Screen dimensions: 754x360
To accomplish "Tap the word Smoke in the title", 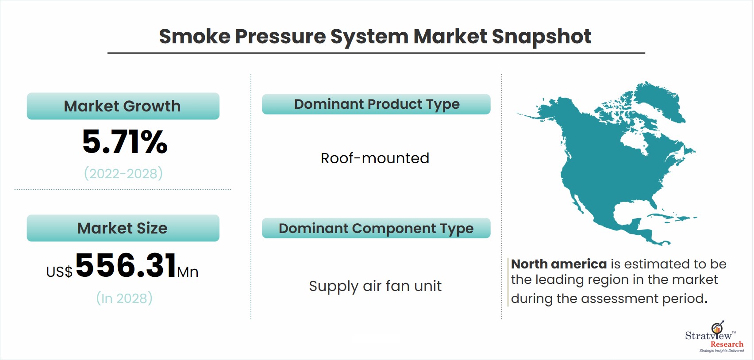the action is coord(195,36).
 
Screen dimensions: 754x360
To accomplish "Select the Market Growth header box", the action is coord(123,106).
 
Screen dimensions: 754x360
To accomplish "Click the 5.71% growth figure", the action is coord(124,142).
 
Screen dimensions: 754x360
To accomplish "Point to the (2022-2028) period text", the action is coord(123,174).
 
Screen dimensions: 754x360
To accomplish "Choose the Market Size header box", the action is coord(123,228).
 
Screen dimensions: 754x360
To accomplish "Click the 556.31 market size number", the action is coord(126,265).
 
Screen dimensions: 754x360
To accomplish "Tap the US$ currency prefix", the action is coord(59,272).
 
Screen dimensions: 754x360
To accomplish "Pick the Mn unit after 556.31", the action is coord(188,272).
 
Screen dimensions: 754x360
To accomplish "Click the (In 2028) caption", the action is coord(124,299).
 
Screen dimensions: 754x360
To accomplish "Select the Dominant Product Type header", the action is coord(376,104).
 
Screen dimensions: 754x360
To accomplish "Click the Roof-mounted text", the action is coord(375,158).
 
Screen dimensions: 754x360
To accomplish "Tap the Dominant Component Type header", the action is coord(376,228).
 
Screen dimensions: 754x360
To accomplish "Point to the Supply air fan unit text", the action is coord(375,286).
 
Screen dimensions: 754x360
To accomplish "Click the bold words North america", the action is coord(559,264).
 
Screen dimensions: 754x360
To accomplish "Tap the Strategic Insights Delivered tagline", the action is coord(721,351).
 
